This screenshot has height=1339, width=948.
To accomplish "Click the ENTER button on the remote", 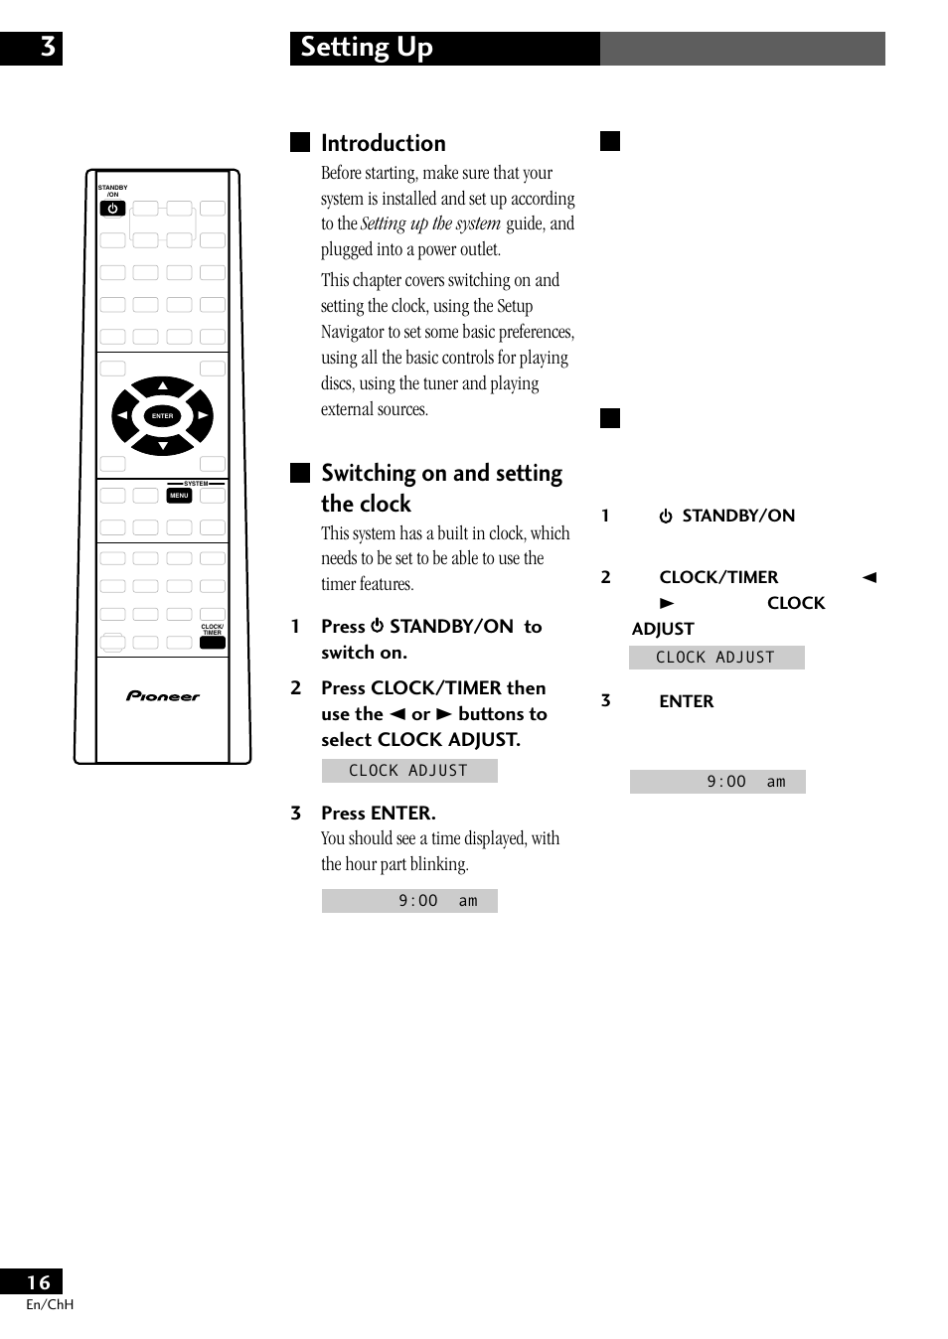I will pos(163,416).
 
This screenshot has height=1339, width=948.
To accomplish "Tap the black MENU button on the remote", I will pos(179,495).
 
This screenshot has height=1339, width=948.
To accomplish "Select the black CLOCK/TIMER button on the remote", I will pos(213,643).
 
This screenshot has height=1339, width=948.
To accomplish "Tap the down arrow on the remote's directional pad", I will pos(163,446).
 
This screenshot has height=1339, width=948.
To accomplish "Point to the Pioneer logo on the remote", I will pos(163,696).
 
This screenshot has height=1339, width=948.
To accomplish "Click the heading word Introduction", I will pos(384,143).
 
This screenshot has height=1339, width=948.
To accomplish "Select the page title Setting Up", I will pos(367,48).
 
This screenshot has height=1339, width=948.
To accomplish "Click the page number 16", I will pos(39,1282).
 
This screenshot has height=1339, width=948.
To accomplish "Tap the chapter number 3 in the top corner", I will pos(47,48).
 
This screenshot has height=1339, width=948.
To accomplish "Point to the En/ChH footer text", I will pos(50,1304).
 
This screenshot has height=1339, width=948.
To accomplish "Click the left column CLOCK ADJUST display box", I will pos(409,771).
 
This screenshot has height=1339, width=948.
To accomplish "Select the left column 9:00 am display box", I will pos(409,901).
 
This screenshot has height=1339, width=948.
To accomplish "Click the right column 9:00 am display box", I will pos(717,782).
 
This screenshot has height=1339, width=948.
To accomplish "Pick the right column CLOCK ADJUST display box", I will pos(716,658).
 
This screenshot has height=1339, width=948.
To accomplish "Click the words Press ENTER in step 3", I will pos(379,813).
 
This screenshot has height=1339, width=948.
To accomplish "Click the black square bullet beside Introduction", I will pos(300,142).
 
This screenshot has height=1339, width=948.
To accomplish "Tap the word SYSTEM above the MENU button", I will pos(196,484).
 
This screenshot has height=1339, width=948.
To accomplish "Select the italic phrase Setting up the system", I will pos(430,223).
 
